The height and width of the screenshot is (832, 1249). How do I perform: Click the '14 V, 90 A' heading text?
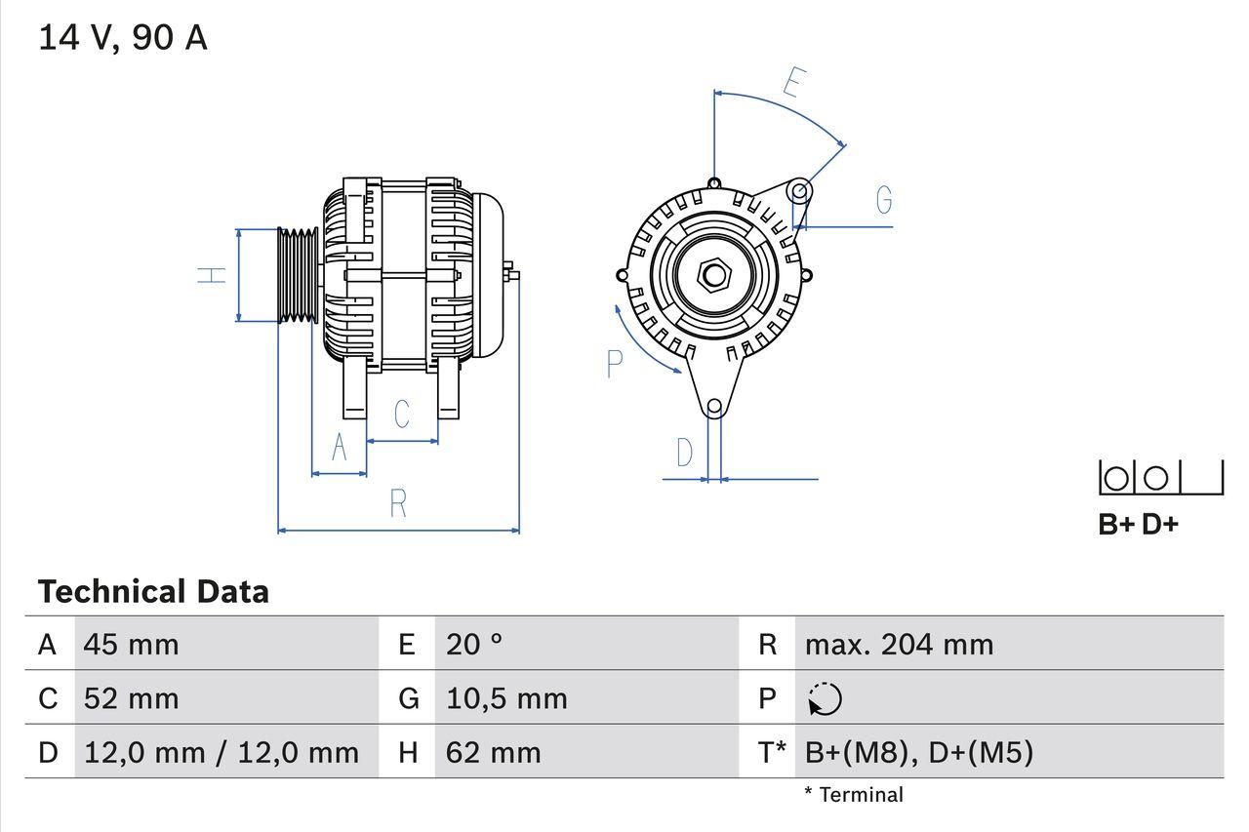[x=123, y=38]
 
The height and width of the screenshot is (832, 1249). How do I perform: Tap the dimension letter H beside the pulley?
[x=212, y=275]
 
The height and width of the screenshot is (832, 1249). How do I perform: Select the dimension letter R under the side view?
[x=398, y=504]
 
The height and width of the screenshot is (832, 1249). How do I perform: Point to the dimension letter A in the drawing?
[x=340, y=447]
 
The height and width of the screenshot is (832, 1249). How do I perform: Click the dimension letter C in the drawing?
[x=402, y=414]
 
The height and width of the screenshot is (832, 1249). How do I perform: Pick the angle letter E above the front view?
[x=793, y=84]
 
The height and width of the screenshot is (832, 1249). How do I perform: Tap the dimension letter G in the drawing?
[x=884, y=200]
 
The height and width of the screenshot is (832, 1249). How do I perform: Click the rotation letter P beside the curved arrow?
[x=614, y=364]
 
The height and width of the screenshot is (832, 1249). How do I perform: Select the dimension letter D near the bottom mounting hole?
[x=685, y=453]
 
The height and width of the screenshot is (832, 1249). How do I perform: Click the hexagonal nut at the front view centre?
[x=714, y=275]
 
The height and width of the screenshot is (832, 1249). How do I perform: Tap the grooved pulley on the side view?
[x=298, y=275]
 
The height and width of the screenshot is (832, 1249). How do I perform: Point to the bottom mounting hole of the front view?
[x=714, y=406]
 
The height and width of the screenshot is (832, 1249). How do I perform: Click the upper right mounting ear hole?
[x=799, y=189]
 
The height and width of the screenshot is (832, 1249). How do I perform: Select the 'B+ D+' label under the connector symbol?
[x=1138, y=525]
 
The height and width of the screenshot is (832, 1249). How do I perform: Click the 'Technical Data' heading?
[x=153, y=592]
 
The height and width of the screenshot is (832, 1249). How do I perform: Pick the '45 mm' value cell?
[x=132, y=645]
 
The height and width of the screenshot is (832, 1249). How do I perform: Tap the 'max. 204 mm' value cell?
[x=899, y=645]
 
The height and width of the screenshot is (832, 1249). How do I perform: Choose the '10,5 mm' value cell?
[x=506, y=698]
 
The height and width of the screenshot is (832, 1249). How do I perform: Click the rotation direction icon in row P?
[x=825, y=698]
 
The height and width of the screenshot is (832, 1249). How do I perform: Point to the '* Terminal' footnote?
[x=854, y=795]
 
